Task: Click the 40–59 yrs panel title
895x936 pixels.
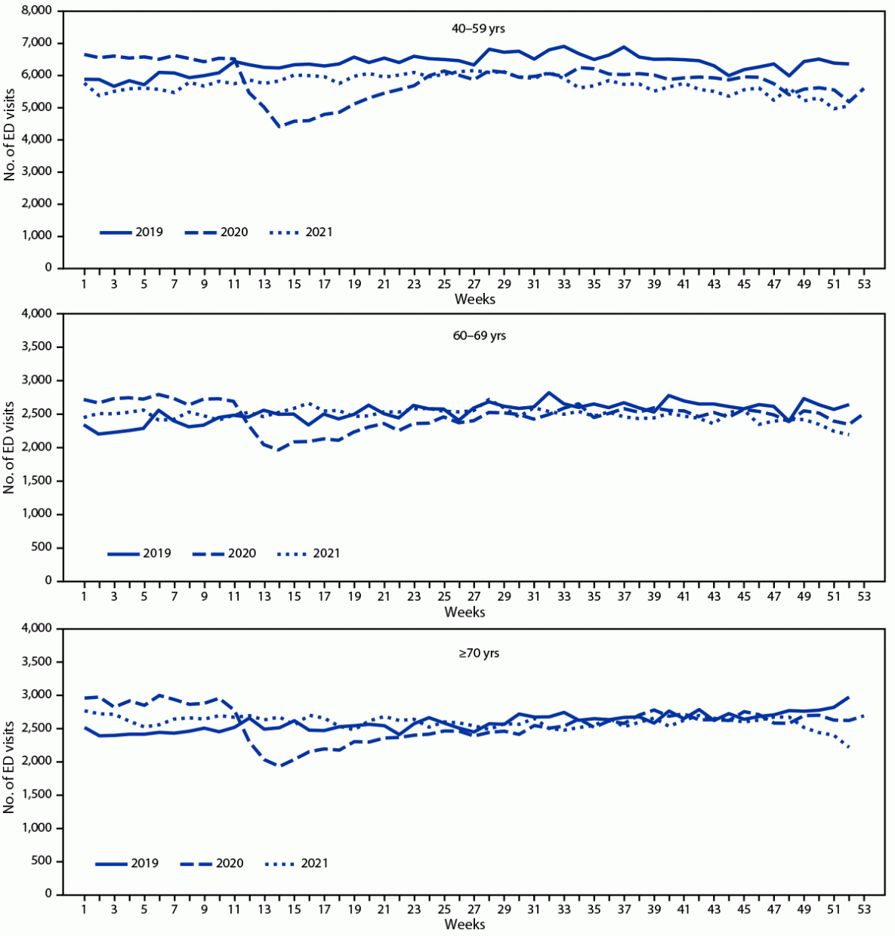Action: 474,29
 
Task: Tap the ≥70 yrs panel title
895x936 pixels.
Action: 478,653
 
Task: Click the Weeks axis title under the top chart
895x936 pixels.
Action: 474,299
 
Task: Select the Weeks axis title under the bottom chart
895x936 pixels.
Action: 464,924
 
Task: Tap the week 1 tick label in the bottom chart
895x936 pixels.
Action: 84,910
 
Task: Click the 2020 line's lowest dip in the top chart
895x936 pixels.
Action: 280,127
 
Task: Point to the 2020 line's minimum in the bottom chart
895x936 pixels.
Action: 279,765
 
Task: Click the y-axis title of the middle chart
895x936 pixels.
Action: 10,447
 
